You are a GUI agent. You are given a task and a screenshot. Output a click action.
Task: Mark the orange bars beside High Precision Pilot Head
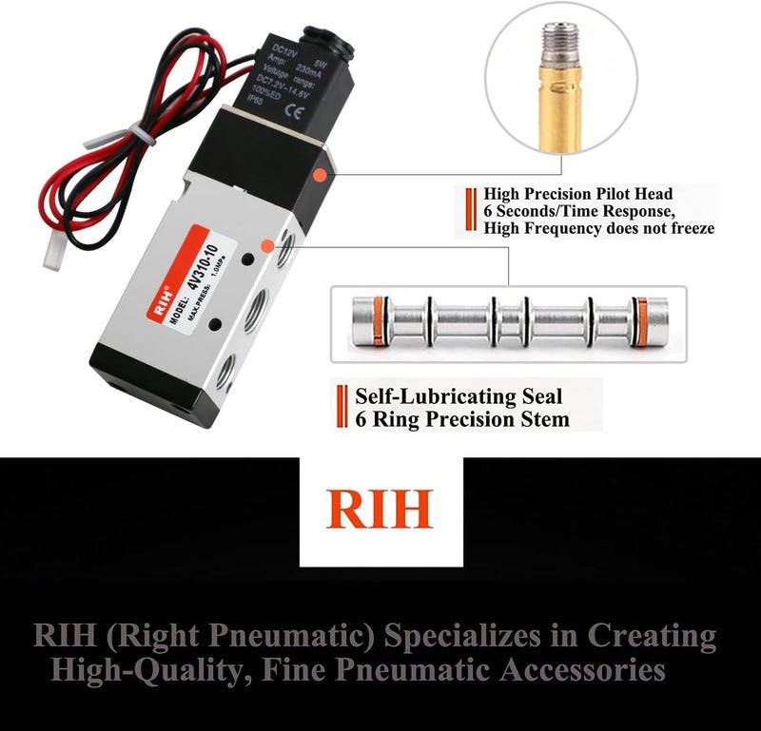[x=470, y=211]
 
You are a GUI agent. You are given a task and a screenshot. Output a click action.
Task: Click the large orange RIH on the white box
[x=380, y=510]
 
